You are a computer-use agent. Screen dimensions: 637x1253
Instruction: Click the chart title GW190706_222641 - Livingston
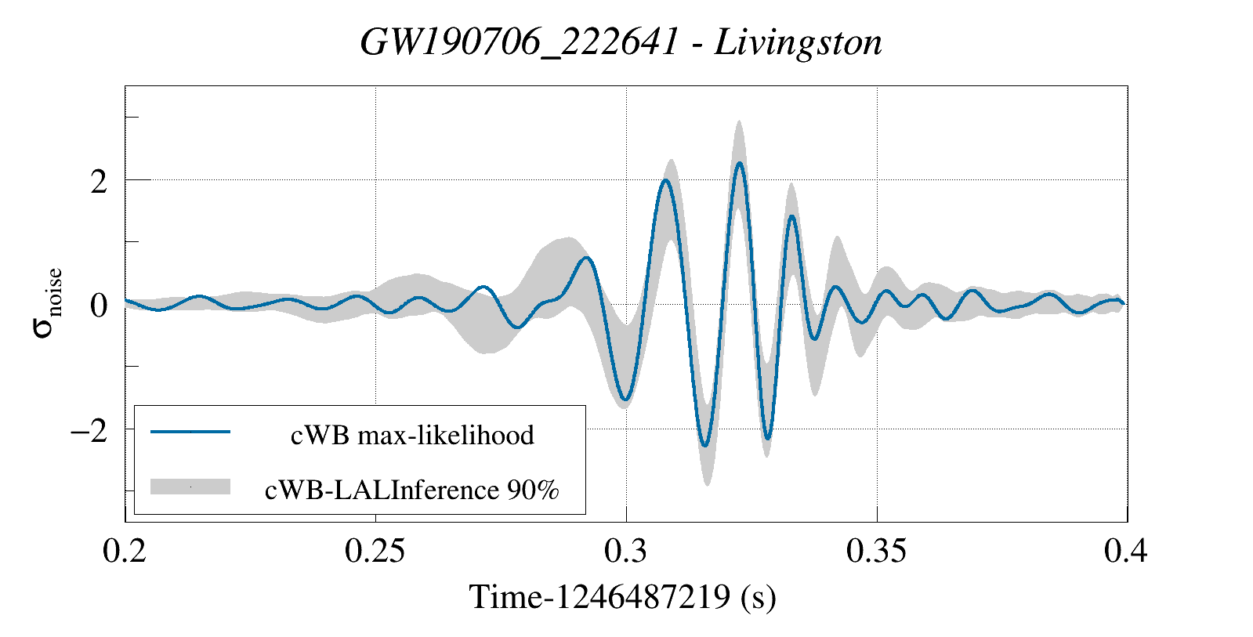pyautogui.click(x=621, y=42)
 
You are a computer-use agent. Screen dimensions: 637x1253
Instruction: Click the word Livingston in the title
pyautogui.click(x=799, y=42)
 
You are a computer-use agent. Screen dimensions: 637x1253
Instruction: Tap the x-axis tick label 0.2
pyautogui.click(x=125, y=551)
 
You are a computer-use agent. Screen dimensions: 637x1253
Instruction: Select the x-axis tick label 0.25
pyautogui.click(x=375, y=551)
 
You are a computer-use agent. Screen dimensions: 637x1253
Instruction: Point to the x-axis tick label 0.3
pyautogui.click(x=626, y=551)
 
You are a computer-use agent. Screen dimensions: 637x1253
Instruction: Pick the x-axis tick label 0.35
pyautogui.click(x=877, y=551)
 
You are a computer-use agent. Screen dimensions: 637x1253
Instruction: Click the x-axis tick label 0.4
pyautogui.click(x=1126, y=551)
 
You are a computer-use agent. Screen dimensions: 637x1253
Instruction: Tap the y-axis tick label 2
pyautogui.click(x=99, y=182)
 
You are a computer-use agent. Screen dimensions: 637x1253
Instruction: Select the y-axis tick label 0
pyautogui.click(x=99, y=306)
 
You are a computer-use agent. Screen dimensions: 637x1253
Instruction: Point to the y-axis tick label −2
pyautogui.click(x=89, y=430)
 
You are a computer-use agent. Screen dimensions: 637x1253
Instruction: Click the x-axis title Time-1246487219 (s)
pyautogui.click(x=623, y=597)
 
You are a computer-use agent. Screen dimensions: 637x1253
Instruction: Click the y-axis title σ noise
pyautogui.click(x=48, y=303)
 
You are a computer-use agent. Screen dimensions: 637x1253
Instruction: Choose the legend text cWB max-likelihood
pyautogui.click(x=412, y=435)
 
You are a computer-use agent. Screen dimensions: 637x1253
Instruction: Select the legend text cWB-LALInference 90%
pyautogui.click(x=412, y=490)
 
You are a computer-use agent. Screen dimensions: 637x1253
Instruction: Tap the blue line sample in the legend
pyautogui.click(x=190, y=432)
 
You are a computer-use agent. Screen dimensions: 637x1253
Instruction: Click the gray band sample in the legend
pyautogui.click(x=190, y=487)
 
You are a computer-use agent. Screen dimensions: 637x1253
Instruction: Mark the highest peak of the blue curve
pyautogui.click(x=739, y=163)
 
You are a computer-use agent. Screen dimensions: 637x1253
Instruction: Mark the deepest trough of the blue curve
pyautogui.click(x=705, y=446)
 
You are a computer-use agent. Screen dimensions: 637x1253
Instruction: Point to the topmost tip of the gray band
pyautogui.click(x=739, y=121)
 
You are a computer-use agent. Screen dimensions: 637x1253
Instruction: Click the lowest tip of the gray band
pyautogui.click(x=707, y=485)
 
